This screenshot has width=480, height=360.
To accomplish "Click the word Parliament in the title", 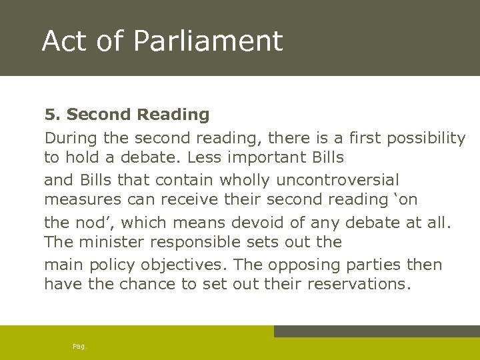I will [208, 41].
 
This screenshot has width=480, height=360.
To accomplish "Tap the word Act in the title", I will [65, 41].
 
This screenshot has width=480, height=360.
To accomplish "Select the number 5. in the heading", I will [53, 115].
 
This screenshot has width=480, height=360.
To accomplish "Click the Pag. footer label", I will [80, 346].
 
